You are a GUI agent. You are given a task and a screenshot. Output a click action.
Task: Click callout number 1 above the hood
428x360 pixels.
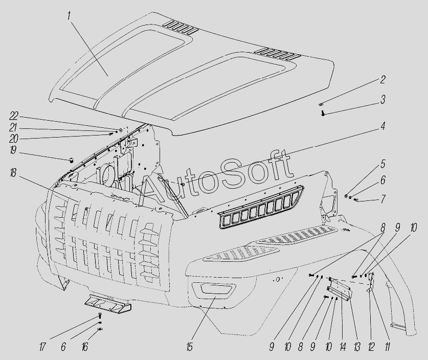click(69, 16)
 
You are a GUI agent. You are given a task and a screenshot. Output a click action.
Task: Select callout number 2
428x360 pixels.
click(382, 80)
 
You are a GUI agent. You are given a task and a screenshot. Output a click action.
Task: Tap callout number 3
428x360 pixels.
click(382, 99)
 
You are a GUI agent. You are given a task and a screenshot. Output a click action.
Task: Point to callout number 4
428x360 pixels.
click(382, 126)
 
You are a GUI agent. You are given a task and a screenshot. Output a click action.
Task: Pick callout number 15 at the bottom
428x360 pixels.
click(189, 347)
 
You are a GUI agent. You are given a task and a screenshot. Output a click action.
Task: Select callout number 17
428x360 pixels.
click(42, 347)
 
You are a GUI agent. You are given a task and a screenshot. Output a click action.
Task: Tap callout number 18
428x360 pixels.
click(13, 173)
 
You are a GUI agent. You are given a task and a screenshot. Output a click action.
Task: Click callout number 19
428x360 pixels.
click(13, 150)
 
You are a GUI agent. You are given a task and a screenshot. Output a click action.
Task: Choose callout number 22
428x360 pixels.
click(14, 116)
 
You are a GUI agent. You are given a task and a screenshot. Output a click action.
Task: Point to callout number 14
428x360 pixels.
click(343, 347)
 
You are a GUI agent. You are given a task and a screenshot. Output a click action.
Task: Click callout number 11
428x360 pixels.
click(387, 347)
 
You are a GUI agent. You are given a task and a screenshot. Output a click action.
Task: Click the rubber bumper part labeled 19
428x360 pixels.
click(72, 160)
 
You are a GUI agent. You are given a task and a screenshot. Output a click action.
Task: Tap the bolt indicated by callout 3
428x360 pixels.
click(323, 113)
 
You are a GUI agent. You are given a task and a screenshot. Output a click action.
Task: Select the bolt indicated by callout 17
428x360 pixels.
click(100, 317)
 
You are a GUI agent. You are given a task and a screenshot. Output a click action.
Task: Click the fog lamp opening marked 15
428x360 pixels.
click(213, 289)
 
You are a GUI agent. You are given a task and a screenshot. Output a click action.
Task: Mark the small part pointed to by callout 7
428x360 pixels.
click(356, 200)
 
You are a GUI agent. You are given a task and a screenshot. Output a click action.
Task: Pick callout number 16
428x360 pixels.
click(84, 347)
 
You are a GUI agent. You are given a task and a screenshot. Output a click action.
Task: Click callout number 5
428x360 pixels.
click(382, 164)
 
